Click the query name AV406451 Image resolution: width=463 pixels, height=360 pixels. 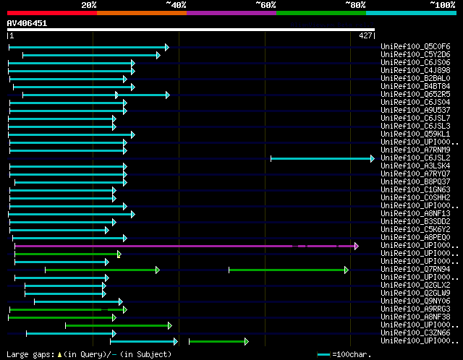tap(27, 23)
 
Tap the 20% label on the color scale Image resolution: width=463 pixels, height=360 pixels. tap(89, 5)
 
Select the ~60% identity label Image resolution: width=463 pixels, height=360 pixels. tap(266, 5)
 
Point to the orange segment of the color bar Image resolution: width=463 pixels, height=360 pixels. tap(142, 13)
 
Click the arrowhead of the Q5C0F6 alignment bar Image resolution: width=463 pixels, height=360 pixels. tap(166, 47)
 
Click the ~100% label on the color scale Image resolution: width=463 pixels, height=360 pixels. tap(441, 5)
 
